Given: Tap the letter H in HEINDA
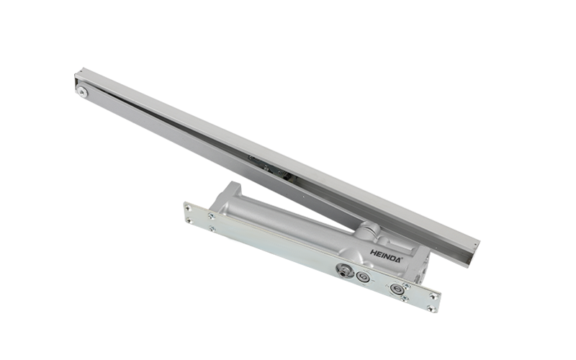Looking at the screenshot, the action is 373,253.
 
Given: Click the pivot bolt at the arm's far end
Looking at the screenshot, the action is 82,92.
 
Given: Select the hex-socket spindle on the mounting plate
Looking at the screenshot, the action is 344,271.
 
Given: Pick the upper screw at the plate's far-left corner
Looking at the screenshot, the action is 189,208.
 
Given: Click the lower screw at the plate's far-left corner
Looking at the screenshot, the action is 189,221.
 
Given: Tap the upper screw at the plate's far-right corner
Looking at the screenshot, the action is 434,296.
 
